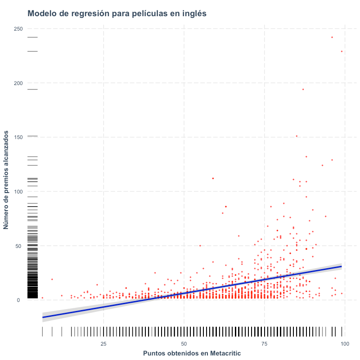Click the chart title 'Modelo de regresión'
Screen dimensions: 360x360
click(x=68, y=13)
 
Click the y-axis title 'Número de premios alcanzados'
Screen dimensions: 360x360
click(x=6, y=180)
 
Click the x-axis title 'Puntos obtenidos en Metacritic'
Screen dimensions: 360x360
click(x=192, y=353)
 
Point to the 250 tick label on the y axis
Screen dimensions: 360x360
click(x=18, y=29)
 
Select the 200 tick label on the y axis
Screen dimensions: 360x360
click(x=18, y=83)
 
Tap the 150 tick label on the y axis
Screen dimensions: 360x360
click(x=18, y=137)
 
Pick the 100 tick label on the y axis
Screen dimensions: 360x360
click(x=18, y=192)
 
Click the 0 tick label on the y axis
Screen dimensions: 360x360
click(x=18, y=300)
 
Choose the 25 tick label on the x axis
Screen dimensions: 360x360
click(x=103, y=344)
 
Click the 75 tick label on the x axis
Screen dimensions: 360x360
click(x=265, y=344)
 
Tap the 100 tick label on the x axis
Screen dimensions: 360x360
click(x=345, y=344)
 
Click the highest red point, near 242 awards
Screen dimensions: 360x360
click(x=332, y=37)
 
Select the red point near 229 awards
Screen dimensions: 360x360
click(x=342, y=51)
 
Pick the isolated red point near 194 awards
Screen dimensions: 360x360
click(x=303, y=89)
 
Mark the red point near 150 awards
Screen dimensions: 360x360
click(x=297, y=136)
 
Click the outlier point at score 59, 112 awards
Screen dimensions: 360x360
click(x=213, y=178)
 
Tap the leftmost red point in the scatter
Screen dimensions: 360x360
click(x=42, y=298)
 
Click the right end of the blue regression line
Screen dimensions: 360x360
click(x=342, y=266)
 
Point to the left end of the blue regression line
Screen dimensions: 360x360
click(x=42, y=318)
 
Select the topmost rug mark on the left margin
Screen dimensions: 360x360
click(x=32, y=37)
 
